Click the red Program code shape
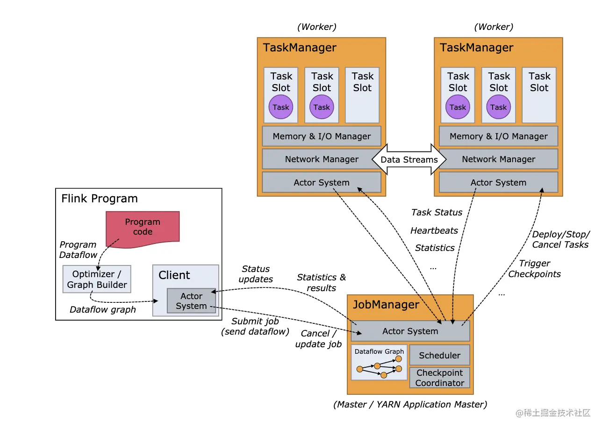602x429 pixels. pyautogui.click(x=143, y=227)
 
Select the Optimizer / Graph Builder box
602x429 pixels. pyautogui.click(x=97, y=279)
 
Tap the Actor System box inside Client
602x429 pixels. pyautogui.click(x=191, y=301)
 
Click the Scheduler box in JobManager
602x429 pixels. pyautogui.click(x=439, y=355)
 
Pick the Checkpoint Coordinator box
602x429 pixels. pyautogui.click(x=439, y=378)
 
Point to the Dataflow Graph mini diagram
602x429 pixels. pyautogui.click(x=379, y=363)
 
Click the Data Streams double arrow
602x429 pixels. pyautogui.click(x=409, y=159)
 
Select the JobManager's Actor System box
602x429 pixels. pyautogui.click(x=410, y=331)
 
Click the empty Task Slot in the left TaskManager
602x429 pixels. pyautogui.click(x=362, y=95)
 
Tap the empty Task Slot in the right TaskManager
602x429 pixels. pyautogui.click(x=539, y=95)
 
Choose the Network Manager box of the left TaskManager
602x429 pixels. pyautogui.click(x=322, y=159)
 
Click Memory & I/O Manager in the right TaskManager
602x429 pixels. pyautogui.click(x=498, y=136)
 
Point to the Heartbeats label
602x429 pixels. pyautogui.click(x=434, y=230)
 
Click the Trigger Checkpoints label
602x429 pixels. pyautogui.click(x=534, y=269)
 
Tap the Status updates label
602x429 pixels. pyautogui.click(x=256, y=274)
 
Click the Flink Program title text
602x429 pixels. pyautogui.click(x=100, y=199)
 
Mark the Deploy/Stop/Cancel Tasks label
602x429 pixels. pyautogui.click(x=560, y=239)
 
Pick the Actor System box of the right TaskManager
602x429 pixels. pyautogui.click(x=498, y=182)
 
